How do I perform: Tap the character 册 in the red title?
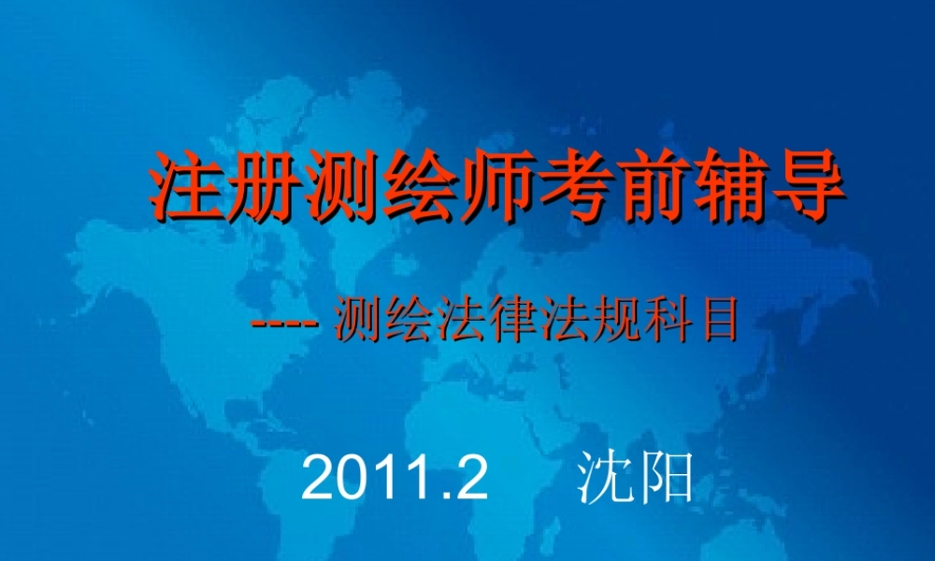(264, 186)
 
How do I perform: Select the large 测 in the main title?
(342, 186)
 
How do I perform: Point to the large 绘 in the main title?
(419, 186)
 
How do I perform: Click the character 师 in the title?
(496, 186)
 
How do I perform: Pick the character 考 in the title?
(573, 186)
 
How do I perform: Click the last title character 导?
(805, 186)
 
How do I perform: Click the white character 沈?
(603, 479)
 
